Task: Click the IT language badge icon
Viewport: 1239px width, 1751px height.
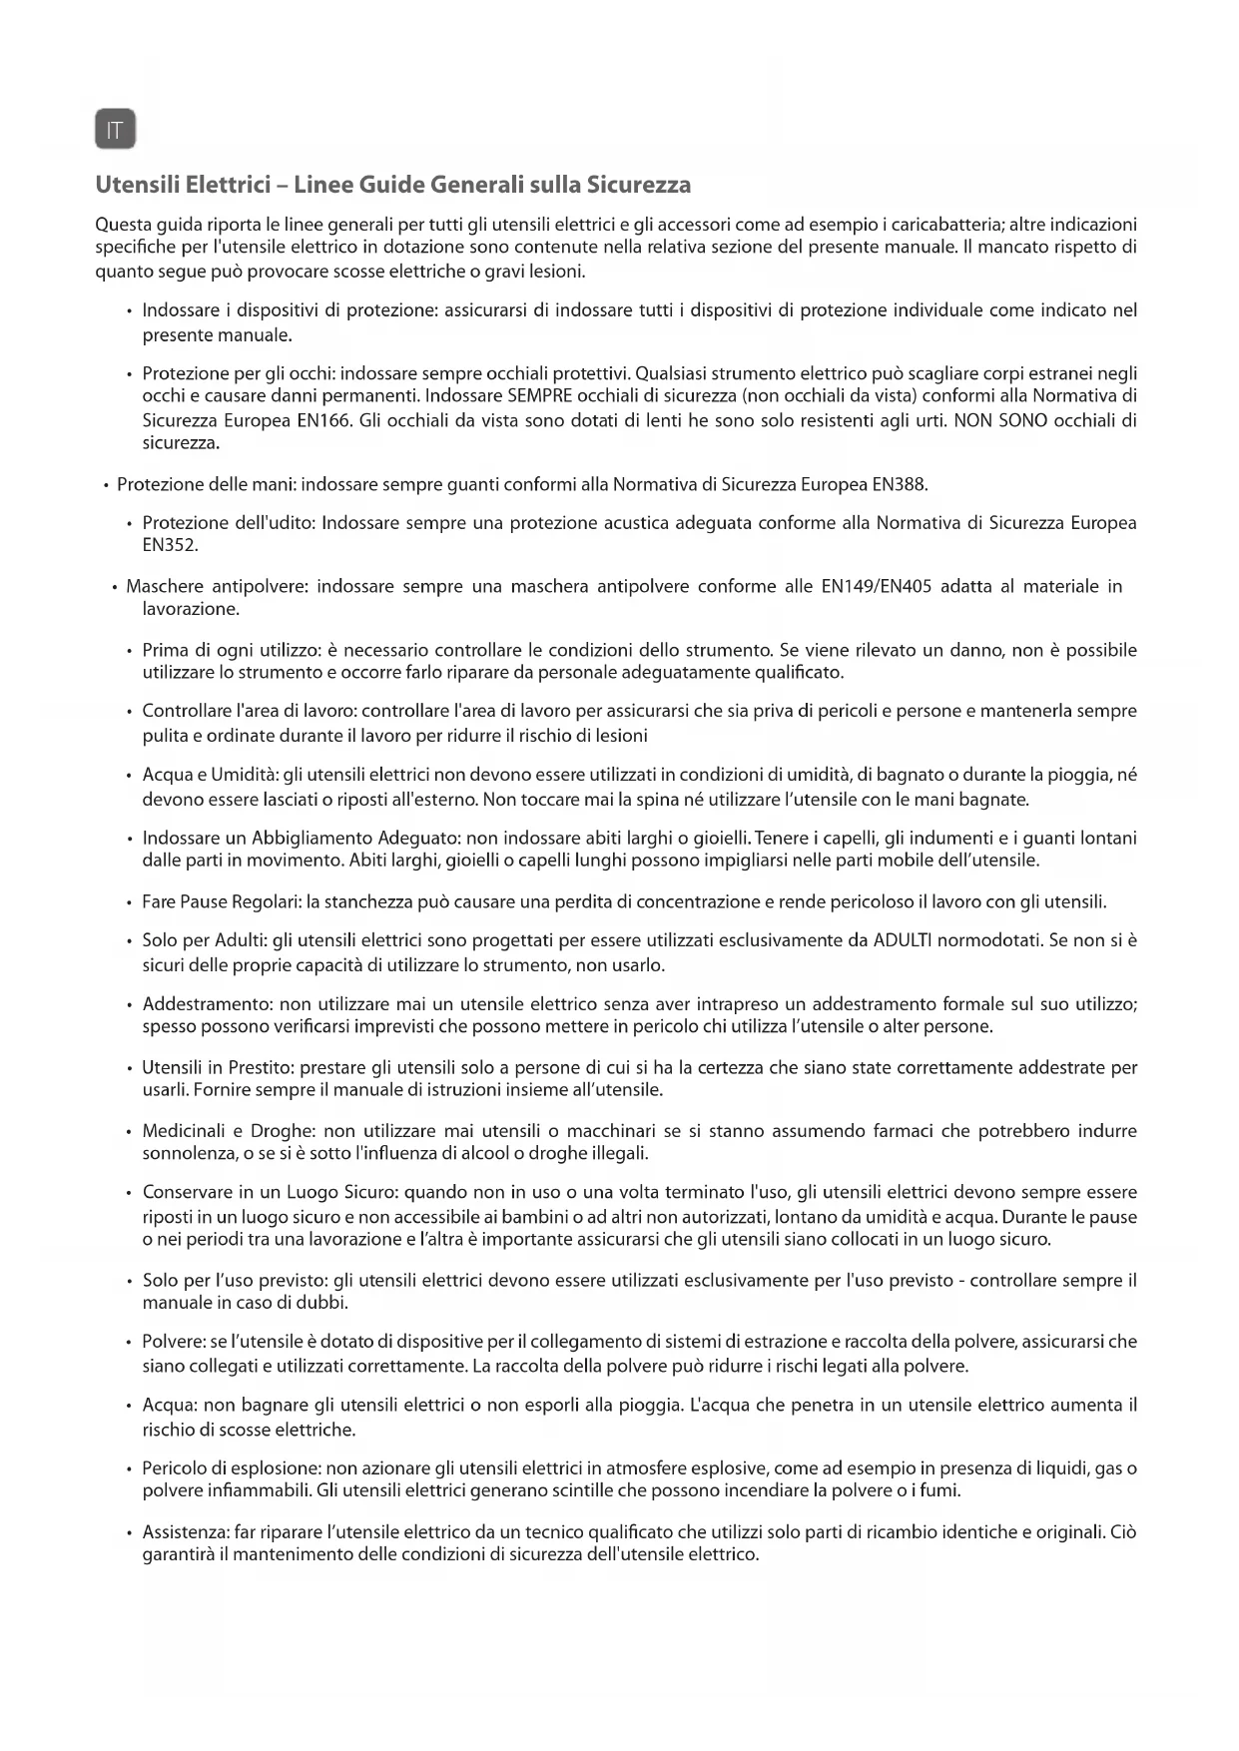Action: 116,130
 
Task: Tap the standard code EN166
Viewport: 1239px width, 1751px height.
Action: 324,420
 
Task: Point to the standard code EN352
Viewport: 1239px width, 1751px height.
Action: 171,546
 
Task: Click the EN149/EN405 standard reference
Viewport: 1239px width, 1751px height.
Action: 877,586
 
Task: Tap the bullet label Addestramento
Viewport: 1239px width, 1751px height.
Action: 208,1003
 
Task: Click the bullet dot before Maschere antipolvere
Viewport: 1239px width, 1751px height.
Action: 116,587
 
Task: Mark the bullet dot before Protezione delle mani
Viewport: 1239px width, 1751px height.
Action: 105,486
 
